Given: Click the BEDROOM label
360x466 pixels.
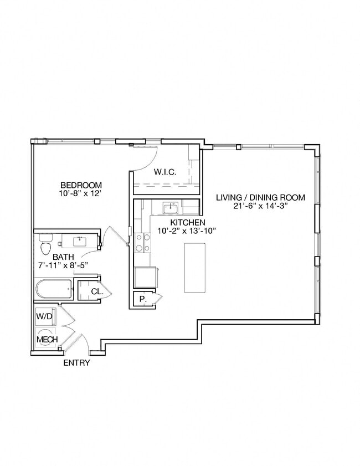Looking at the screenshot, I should click(x=81, y=185).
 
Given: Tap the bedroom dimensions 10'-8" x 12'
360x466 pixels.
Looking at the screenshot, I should click(x=81, y=193).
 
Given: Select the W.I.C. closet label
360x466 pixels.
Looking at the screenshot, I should click(x=165, y=172).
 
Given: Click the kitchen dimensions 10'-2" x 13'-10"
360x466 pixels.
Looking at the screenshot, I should click(x=186, y=231).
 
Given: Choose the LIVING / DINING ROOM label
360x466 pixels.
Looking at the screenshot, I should click(x=260, y=198).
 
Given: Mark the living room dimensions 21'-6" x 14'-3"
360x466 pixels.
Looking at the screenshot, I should click(x=260, y=206).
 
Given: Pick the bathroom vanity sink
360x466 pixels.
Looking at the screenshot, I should click(x=80, y=240).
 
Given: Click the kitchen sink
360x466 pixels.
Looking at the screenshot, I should click(x=170, y=208).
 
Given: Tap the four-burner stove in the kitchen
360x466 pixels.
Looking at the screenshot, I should click(x=143, y=242).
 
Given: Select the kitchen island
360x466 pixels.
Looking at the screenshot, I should click(x=194, y=268).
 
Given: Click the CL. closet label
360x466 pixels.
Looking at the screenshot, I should click(x=96, y=291).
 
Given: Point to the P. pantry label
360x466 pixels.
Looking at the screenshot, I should click(x=142, y=298).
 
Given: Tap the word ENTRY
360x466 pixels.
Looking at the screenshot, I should click(x=76, y=363).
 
